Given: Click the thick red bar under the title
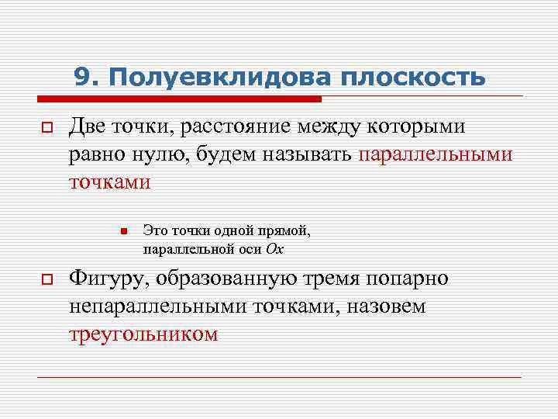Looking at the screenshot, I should [x=178, y=99].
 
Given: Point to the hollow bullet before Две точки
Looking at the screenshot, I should [x=46, y=128].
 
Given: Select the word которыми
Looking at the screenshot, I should [x=428, y=126].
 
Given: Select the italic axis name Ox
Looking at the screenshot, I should [x=274, y=249].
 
